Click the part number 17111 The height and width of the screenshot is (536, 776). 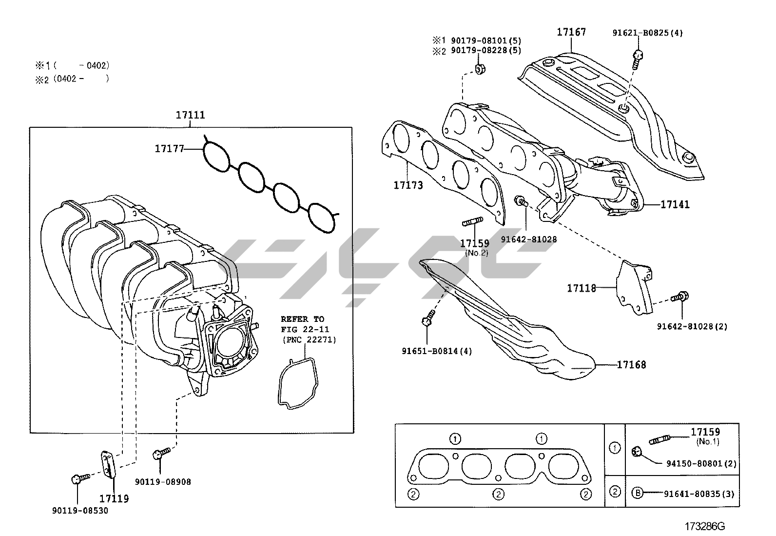click(190, 116)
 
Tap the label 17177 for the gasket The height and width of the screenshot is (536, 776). click(169, 148)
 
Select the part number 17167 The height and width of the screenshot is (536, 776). click(571, 32)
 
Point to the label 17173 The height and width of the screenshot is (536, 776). click(408, 185)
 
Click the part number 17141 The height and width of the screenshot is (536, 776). click(675, 205)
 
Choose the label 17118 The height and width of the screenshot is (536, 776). click(581, 288)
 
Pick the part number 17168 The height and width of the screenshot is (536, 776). click(631, 365)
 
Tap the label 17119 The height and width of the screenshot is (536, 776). click(114, 498)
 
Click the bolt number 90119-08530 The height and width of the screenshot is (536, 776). click(80, 511)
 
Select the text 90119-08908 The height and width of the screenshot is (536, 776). click(163, 482)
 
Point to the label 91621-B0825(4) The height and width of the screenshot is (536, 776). click(647, 33)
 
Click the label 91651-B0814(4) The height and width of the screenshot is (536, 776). click(437, 351)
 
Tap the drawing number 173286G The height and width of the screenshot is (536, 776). click(705, 526)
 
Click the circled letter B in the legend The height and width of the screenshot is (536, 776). click(637, 493)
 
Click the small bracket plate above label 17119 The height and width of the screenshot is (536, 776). click(108, 463)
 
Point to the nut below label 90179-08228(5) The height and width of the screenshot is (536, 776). click(480, 69)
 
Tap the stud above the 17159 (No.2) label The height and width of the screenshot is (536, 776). click(472, 223)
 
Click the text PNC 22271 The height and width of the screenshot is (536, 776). click(309, 339)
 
